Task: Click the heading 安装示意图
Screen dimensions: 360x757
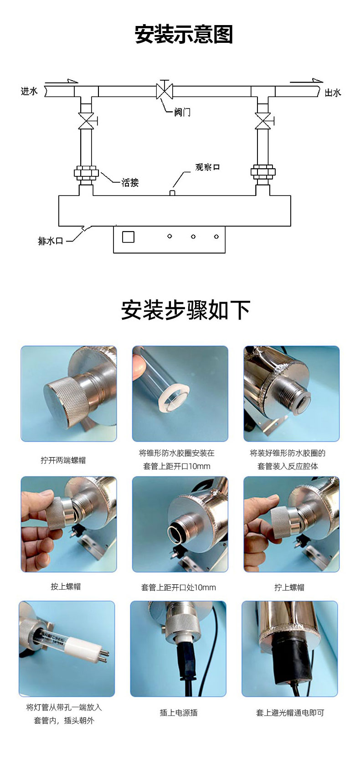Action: tap(184, 34)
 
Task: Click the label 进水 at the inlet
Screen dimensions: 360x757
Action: tap(29, 91)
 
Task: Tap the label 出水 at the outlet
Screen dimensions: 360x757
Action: tap(333, 93)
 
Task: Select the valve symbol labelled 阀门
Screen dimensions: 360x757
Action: tap(165, 90)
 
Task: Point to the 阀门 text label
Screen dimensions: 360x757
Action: tap(182, 112)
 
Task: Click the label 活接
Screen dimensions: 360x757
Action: tap(130, 182)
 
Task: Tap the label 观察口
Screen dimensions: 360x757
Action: tap(207, 167)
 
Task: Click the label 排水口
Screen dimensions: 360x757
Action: tap(51, 241)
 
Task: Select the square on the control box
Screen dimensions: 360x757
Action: tap(128, 237)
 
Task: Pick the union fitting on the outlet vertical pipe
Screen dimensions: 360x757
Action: tap(262, 172)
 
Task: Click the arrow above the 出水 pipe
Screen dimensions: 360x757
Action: tap(306, 81)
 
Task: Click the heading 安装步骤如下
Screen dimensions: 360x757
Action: tap(185, 310)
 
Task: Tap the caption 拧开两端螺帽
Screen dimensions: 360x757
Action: tap(63, 460)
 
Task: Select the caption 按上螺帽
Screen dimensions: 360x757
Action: tap(66, 587)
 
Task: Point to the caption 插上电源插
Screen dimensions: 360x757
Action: tap(179, 713)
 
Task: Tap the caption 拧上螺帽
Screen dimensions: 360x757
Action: tap(289, 587)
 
